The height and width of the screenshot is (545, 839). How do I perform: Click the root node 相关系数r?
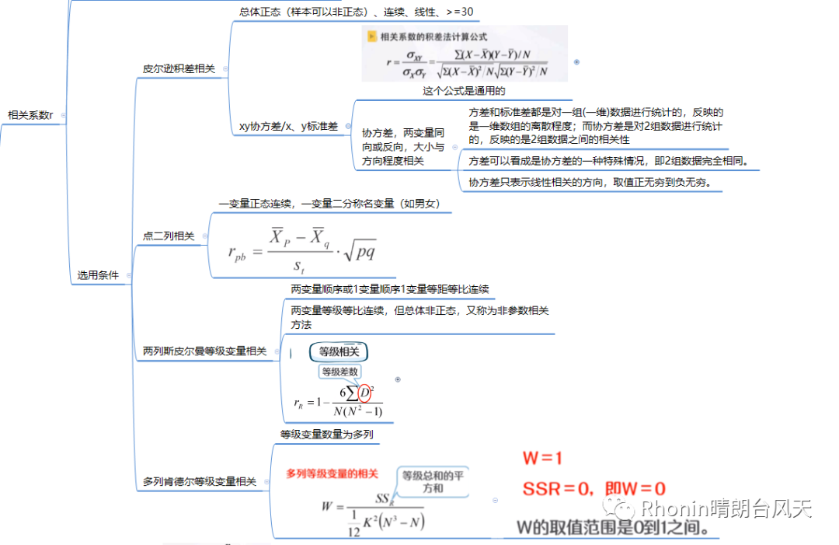(x=30, y=115)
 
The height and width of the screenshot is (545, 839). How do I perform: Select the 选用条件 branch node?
(x=98, y=274)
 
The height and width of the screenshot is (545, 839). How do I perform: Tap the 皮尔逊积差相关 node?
(x=179, y=68)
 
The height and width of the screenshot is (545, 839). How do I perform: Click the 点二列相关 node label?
(x=169, y=236)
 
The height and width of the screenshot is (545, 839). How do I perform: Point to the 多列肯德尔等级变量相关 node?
(x=200, y=482)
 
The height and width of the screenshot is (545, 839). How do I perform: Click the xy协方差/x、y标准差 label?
(x=288, y=126)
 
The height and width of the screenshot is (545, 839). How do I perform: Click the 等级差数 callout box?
(x=339, y=372)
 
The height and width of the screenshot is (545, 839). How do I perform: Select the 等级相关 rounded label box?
(x=339, y=352)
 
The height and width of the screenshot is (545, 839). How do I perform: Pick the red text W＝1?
(x=542, y=458)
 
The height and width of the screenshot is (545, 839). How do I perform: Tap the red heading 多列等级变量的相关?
(x=332, y=473)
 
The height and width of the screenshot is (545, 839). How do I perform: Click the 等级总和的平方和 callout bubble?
(x=433, y=481)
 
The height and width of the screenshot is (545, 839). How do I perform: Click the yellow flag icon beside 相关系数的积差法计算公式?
(x=372, y=37)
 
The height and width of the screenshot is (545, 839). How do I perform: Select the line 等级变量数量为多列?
(x=326, y=434)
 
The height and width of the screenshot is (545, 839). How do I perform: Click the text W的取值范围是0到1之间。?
(x=612, y=528)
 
